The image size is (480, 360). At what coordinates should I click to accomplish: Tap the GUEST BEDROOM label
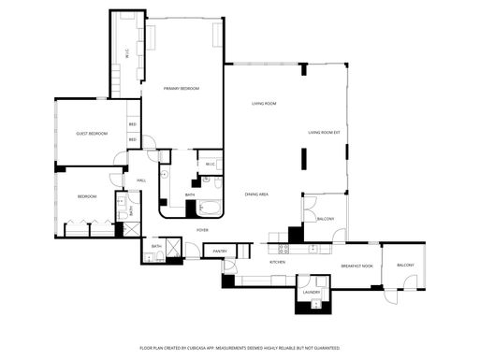click(x=92, y=134)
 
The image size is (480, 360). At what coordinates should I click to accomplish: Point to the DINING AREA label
click(x=257, y=194)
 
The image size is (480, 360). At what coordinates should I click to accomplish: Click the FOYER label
click(x=202, y=229)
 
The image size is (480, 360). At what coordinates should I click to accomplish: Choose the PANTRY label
click(x=220, y=251)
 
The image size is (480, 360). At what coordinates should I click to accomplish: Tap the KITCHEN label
click(x=278, y=263)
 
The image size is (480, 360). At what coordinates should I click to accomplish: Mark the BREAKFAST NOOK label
click(x=356, y=266)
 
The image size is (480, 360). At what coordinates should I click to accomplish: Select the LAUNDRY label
click(x=311, y=292)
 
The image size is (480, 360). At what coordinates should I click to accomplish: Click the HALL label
click(x=141, y=180)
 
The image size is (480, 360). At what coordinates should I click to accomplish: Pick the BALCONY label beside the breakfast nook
click(x=405, y=266)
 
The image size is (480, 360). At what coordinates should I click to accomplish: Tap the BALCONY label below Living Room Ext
click(x=326, y=219)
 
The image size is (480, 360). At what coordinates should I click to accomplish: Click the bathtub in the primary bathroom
click(x=213, y=209)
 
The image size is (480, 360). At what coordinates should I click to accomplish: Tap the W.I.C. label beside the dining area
click(x=211, y=165)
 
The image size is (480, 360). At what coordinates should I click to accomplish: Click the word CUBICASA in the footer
click(x=196, y=347)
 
